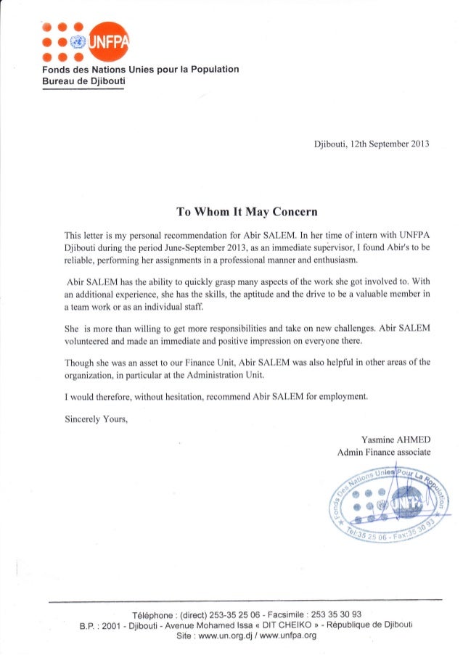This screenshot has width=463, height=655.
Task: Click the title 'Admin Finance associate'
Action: [385, 453]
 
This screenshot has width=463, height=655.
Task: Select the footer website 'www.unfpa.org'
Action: [288, 635]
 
